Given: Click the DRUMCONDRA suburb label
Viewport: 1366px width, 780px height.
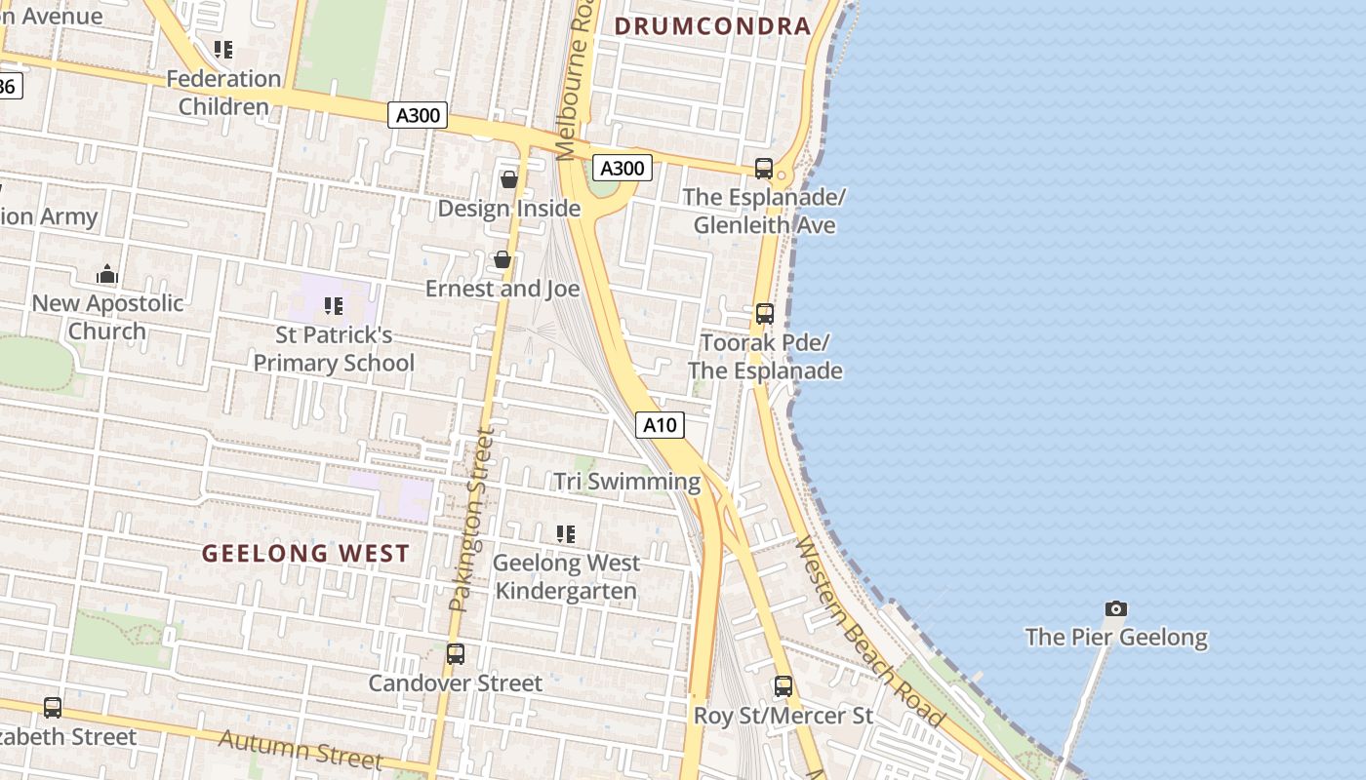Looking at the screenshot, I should [714, 26].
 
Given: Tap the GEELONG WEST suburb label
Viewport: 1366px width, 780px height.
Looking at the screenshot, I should [305, 554].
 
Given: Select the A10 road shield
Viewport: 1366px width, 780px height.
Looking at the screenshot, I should [661, 425].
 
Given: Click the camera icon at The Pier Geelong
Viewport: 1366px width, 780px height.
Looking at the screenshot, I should [1116, 609].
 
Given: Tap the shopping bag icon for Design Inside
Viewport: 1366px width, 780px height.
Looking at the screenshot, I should [508, 179].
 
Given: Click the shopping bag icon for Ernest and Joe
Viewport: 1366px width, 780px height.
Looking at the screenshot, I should [502, 259].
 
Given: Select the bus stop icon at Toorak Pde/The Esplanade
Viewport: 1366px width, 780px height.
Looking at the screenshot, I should [765, 314].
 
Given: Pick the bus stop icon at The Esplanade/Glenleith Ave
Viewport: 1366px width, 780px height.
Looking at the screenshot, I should [764, 169].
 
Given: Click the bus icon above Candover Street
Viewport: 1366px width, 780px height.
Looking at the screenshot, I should [456, 654].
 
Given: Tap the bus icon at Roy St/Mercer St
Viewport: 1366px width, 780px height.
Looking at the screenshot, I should [783, 686].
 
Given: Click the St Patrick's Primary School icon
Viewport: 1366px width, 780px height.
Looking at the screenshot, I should [334, 307].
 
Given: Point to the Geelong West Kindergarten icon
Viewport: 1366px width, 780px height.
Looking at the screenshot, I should [566, 534].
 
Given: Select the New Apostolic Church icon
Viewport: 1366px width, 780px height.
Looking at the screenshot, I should [107, 274].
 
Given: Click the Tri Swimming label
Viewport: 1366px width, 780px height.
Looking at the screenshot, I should [627, 482].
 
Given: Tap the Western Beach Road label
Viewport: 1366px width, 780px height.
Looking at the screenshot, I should [869, 632].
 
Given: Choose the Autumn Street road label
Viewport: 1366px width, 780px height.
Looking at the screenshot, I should [300, 748].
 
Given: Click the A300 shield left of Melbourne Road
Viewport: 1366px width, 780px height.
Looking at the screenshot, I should [419, 115].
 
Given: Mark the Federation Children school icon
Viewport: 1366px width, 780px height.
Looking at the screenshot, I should [223, 50].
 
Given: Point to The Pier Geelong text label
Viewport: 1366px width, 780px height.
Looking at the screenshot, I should [1116, 638].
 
